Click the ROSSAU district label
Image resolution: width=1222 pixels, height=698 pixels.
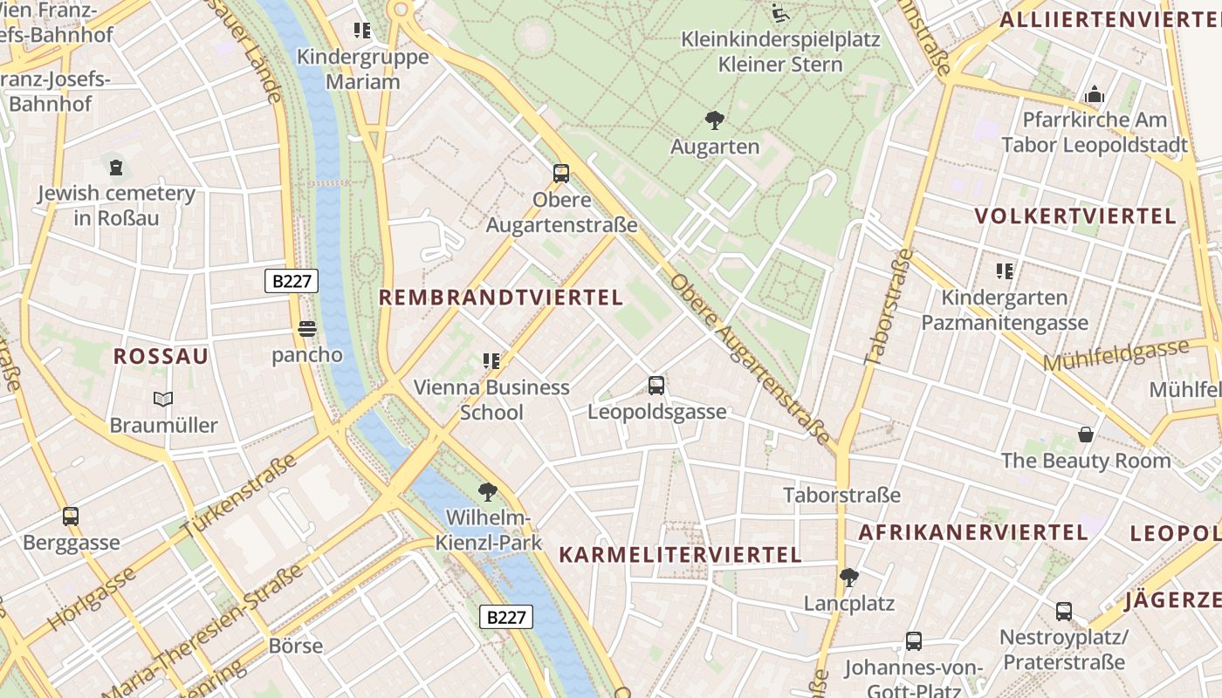pos(161,356)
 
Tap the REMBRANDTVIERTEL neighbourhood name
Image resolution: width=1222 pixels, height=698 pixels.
pos(501,298)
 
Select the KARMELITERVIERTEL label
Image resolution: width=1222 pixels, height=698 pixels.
pos(680,555)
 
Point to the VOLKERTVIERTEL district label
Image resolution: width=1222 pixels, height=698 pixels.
pos(1075,216)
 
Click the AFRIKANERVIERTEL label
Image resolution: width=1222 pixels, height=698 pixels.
pos(973,532)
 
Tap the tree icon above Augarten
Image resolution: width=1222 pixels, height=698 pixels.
pos(715,120)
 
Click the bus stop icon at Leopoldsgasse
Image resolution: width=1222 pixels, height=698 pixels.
pos(656,385)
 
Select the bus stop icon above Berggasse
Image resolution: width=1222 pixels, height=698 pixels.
pos(71,516)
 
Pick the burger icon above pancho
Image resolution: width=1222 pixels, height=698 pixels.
pos(306,329)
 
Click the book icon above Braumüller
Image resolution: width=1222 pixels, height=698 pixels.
pos(163,399)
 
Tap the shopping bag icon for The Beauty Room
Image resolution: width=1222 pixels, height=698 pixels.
pos(1086,434)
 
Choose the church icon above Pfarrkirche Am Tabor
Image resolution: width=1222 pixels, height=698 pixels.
pos(1095,93)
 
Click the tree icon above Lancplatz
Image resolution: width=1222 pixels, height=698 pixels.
pos(848,577)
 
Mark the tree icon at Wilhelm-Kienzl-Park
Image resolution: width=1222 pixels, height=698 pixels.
pos(488,492)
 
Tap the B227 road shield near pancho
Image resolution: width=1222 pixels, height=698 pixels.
pos(292,281)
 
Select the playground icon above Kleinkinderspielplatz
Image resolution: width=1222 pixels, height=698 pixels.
pos(780,14)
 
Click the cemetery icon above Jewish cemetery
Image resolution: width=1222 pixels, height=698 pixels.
pos(115,167)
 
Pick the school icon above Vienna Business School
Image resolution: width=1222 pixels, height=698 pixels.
pos(491,360)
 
